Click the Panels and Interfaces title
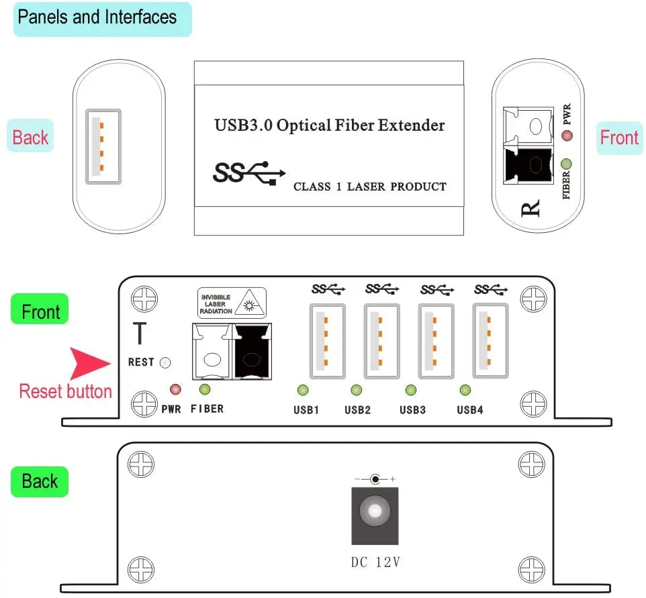pyautogui.click(x=97, y=17)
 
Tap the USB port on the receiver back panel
pyautogui.click(x=103, y=146)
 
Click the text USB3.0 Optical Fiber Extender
pyautogui.click(x=329, y=126)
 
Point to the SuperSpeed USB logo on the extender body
pyautogui.click(x=248, y=172)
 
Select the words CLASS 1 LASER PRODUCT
pyautogui.click(x=369, y=187)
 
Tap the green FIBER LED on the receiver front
pyautogui.click(x=566, y=163)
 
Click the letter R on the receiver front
pyautogui.click(x=530, y=209)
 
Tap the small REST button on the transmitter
pyautogui.click(x=165, y=362)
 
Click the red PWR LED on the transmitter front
pyautogui.click(x=176, y=389)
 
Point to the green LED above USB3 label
pyautogui.click(x=410, y=390)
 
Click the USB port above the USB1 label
pyautogui.click(x=327, y=340)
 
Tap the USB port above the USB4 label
pyautogui.click(x=490, y=340)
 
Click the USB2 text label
pyautogui.click(x=357, y=410)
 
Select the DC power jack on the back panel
pyautogui.click(x=374, y=513)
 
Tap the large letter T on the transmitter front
pyautogui.click(x=140, y=334)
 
